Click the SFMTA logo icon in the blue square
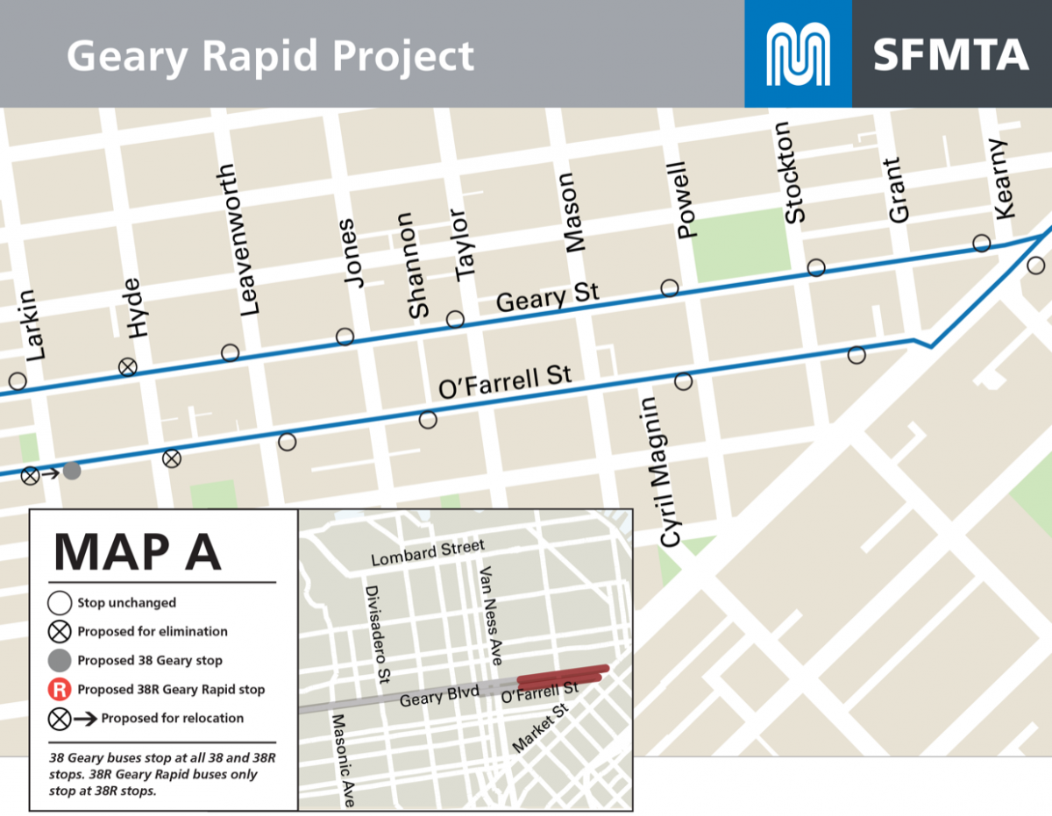click(x=798, y=53)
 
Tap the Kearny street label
click(x=1004, y=180)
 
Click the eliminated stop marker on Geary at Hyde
click(x=128, y=366)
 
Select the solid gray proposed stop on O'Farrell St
click(x=72, y=472)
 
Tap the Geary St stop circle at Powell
click(x=670, y=287)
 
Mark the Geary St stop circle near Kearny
click(x=982, y=243)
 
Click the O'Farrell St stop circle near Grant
click(x=857, y=355)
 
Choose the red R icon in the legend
click(x=60, y=689)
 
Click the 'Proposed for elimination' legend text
click(x=153, y=631)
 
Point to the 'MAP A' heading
click(x=137, y=550)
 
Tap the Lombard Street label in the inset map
click(x=427, y=553)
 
